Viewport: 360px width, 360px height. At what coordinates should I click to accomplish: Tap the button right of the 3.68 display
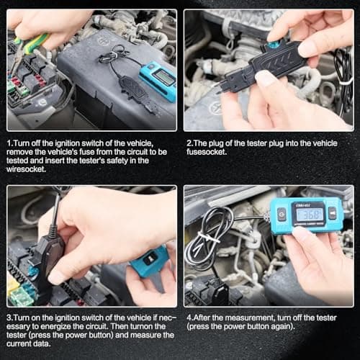pos(333,214)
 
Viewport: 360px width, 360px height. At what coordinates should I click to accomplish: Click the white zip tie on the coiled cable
pos(206,238)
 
